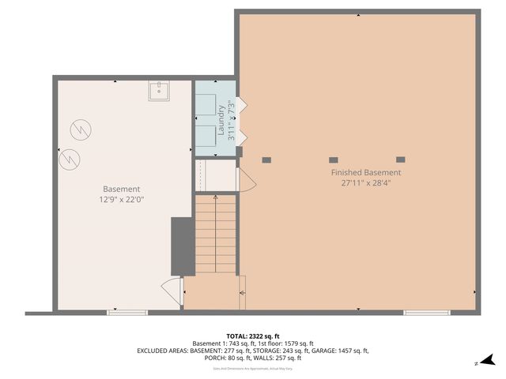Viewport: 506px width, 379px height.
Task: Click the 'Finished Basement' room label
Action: pyautogui.click(x=365, y=172)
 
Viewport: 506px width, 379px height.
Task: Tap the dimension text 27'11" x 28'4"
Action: pyautogui.click(x=365, y=183)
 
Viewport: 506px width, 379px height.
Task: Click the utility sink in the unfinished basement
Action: pyautogui.click(x=159, y=92)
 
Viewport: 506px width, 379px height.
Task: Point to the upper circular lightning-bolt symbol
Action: pyautogui.click(x=79, y=128)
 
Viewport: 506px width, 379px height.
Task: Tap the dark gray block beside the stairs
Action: pyautogui.click(x=183, y=246)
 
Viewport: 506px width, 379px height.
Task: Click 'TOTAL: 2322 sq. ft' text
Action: pyautogui.click(x=252, y=336)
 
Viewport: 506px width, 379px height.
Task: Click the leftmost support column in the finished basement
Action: pyautogui.click(x=266, y=159)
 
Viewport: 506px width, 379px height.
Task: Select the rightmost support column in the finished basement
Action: pyautogui.click(x=400, y=159)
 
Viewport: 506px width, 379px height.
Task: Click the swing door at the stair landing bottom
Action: pyautogui.click(x=172, y=286)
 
